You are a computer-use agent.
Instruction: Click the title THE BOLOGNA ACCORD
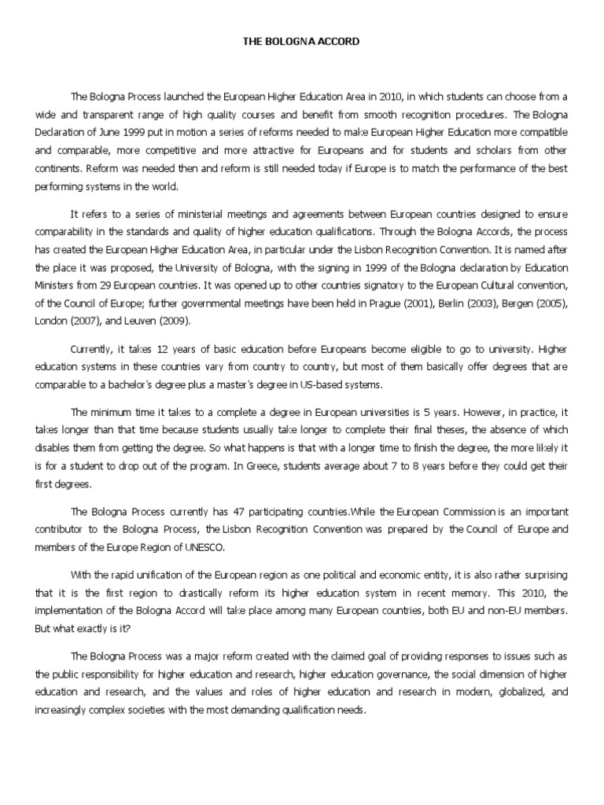pos(302,46)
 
